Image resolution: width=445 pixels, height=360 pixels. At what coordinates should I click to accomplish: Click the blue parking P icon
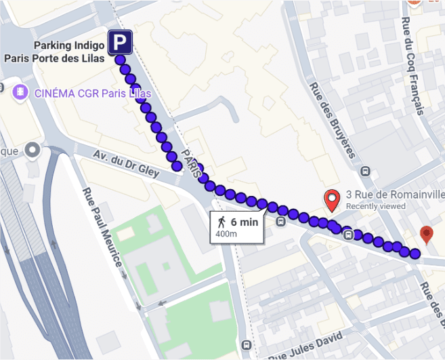tap(121, 44)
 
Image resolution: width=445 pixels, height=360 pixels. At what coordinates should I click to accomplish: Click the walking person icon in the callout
tap(221, 222)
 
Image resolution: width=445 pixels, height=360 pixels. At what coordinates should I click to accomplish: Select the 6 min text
tap(245, 222)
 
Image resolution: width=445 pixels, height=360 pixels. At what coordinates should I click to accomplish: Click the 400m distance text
tap(226, 234)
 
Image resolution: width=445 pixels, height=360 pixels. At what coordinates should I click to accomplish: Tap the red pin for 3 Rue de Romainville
tap(332, 200)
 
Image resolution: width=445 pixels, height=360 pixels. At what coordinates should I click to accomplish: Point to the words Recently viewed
tap(376, 206)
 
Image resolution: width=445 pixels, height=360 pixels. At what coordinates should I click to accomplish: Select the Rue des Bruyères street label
tap(332, 119)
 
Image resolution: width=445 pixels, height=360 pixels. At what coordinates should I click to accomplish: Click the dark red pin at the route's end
tap(426, 235)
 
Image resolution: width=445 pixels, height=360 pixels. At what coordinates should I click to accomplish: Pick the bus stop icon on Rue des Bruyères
tap(366, 172)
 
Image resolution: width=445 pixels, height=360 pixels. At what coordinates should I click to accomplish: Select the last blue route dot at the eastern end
tap(415, 254)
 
